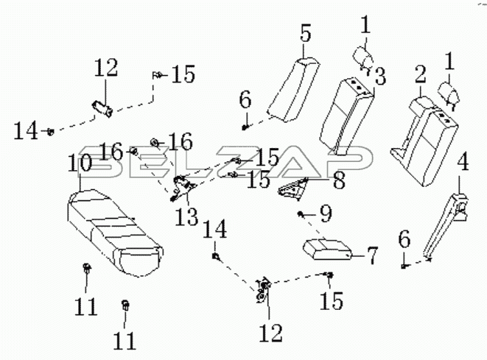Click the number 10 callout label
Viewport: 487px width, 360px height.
pos(80,163)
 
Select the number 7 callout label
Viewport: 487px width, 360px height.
pos(371,255)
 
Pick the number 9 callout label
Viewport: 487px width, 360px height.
pos(326,213)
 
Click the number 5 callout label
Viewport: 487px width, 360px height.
pos(306,34)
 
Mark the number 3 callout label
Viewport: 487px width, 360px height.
pos(379,77)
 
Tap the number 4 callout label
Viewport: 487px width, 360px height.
pos(463,161)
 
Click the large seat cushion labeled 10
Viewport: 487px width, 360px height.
pos(114,233)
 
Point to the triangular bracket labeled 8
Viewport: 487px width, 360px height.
pos(292,189)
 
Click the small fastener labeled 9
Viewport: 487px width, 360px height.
pos(300,213)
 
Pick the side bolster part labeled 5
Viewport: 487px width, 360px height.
pos(293,90)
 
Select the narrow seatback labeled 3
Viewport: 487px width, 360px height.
pos(346,116)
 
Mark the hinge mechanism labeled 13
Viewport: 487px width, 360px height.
pos(182,188)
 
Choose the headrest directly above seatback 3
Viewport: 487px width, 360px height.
pos(364,57)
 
